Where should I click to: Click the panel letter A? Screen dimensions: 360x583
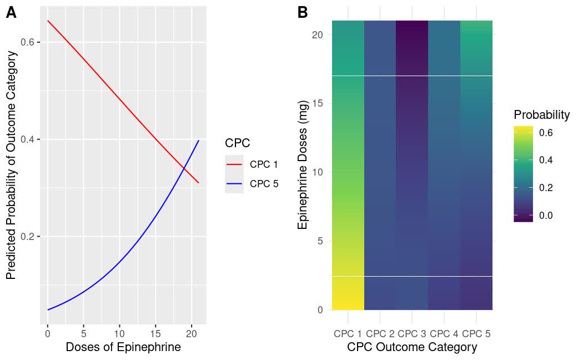coord(11,13)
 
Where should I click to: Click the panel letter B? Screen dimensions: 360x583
coord(303,13)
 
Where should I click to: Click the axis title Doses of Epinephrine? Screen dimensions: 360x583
coord(123,348)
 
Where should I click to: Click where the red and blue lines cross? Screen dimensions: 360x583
coord(185,167)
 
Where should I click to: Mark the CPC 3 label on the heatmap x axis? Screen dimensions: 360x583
coord(411,334)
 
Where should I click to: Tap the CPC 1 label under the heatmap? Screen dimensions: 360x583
coord(348,334)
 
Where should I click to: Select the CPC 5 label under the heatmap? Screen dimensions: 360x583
coord(476,334)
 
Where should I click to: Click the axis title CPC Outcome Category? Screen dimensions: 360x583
coord(411,348)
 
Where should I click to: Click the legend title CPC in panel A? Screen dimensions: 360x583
coord(237,143)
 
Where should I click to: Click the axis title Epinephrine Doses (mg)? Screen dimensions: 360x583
coord(303,172)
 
